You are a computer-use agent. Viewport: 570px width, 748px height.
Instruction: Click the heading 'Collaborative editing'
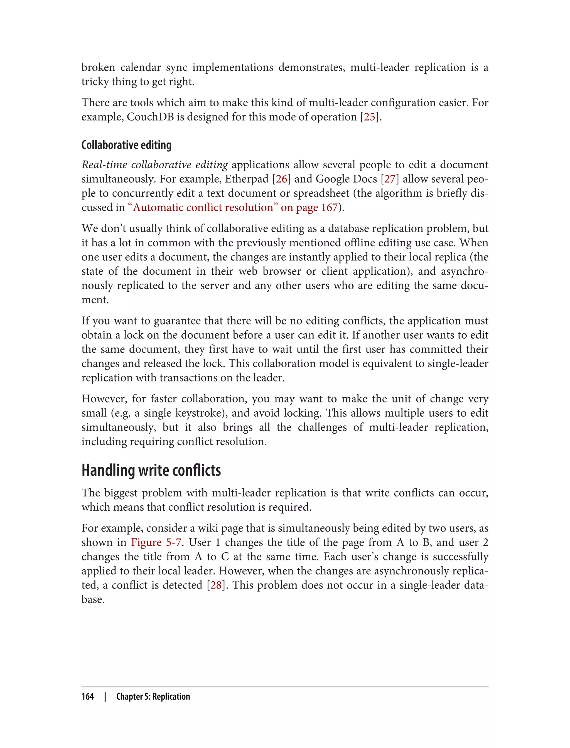[126, 145]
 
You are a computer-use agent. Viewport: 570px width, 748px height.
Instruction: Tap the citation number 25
[370, 117]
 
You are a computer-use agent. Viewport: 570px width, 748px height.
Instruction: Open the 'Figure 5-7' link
[156, 542]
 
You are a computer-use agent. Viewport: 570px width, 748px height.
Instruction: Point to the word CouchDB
[150, 117]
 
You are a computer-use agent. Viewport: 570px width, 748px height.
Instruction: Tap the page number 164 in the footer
[88, 697]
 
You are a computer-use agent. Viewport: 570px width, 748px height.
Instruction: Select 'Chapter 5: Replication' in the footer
[153, 697]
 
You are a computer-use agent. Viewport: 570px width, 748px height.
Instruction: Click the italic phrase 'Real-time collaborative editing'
[154, 165]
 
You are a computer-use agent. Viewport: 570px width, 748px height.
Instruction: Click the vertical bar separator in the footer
[105, 697]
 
